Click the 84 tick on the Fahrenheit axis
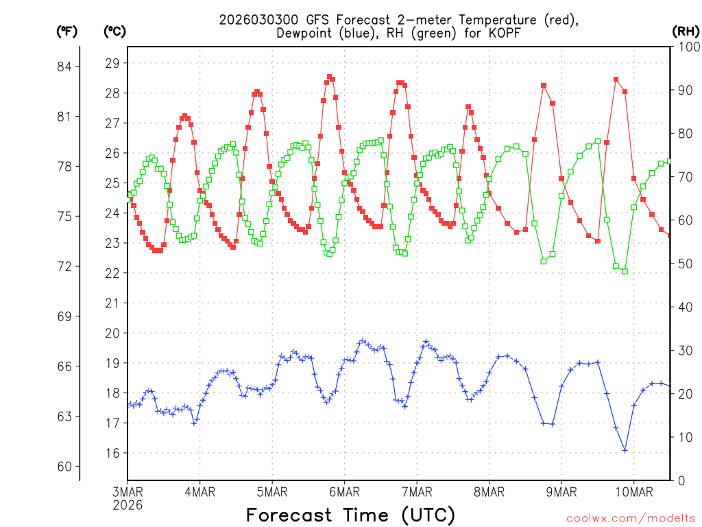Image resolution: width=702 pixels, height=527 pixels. coord(69,67)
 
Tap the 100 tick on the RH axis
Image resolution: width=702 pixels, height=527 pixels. coord(686,47)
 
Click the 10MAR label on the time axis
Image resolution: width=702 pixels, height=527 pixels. coord(633,492)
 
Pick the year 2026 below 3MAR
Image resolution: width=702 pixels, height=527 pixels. coord(128,505)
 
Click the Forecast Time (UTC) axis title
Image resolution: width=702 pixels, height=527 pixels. coord(350,515)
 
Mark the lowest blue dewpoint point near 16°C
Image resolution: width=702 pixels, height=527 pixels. coord(625,450)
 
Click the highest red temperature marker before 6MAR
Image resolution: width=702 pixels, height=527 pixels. coord(330,77)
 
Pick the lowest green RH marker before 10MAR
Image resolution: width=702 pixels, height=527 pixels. coord(625,271)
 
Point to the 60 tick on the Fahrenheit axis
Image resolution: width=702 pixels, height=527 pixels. coord(69,467)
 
